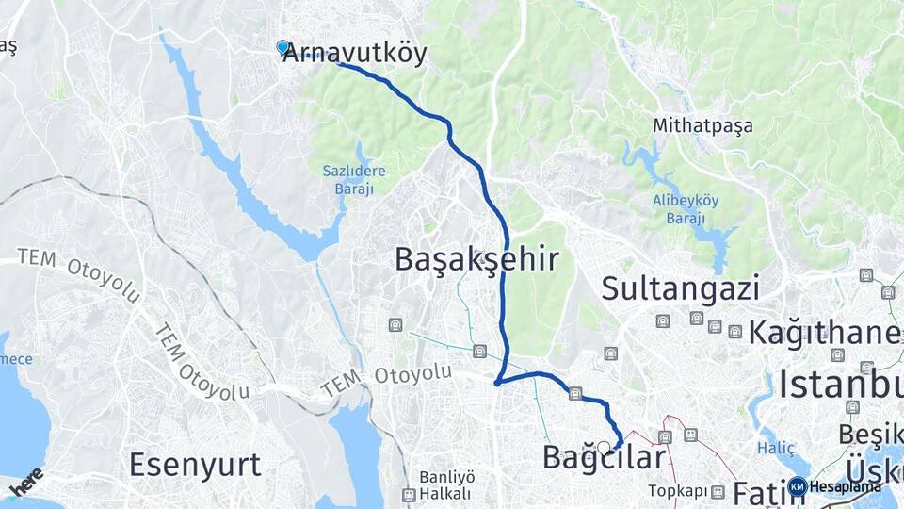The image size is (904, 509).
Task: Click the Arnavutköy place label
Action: [356, 53]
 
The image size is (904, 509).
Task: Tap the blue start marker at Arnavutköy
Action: [282, 46]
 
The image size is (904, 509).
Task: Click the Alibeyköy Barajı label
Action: [679, 209]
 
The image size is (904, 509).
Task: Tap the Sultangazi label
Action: [680, 287]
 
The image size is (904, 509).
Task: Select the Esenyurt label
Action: [195, 464]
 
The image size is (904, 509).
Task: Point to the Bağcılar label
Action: [604, 457]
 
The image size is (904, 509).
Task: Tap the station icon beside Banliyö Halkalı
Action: [409, 495]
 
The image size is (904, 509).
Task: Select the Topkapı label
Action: [677, 491]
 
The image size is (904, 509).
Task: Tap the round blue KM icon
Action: [798, 486]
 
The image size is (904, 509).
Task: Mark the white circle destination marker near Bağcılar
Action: [604, 448]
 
